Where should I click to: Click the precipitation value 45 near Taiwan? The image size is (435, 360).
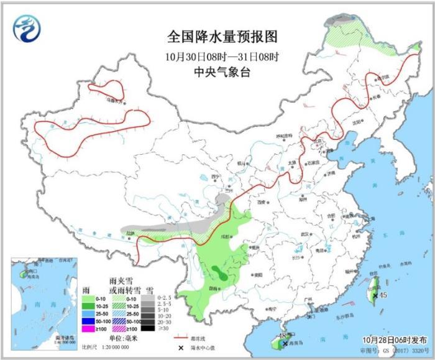click(x=383, y=295)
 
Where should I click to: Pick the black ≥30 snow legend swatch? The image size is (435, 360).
click(x=147, y=328)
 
